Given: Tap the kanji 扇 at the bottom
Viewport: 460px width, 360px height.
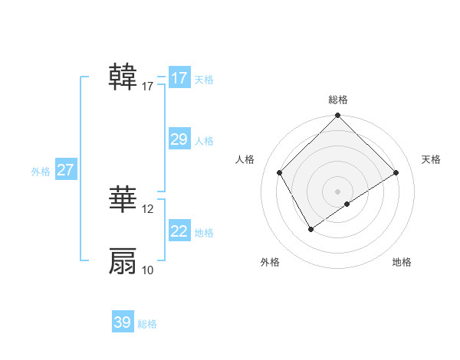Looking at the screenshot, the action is (x=123, y=261).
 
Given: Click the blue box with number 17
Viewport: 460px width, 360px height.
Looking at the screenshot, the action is (x=179, y=78).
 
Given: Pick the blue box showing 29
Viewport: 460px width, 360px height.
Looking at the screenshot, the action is (x=179, y=139).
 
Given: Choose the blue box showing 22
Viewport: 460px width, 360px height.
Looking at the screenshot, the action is (x=179, y=231).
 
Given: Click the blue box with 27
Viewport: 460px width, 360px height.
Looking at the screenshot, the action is (x=66, y=170).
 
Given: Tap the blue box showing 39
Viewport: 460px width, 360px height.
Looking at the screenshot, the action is (x=123, y=322).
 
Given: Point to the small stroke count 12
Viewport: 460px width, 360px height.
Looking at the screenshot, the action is (x=148, y=209).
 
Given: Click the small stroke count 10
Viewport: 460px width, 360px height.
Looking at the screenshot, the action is (x=148, y=270).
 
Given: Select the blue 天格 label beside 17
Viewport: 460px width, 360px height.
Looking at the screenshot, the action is (x=204, y=80).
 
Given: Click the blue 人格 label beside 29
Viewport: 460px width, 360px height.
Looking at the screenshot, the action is (x=204, y=141).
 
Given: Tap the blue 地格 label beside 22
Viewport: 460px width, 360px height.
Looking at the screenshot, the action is (x=204, y=233).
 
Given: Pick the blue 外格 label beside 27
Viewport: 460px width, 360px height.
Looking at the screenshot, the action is (x=41, y=172).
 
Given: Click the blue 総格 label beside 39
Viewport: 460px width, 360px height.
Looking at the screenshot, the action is (x=147, y=324).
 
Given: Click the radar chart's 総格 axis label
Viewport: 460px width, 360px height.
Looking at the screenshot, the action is (x=337, y=100).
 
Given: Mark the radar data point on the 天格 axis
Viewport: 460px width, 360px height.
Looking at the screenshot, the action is (x=396, y=172).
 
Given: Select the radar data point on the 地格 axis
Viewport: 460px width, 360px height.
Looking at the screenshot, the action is (x=347, y=204).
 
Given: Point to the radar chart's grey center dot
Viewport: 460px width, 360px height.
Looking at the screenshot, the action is (x=337, y=191).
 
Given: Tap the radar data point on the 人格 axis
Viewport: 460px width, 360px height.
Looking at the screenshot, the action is (x=279, y=172).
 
